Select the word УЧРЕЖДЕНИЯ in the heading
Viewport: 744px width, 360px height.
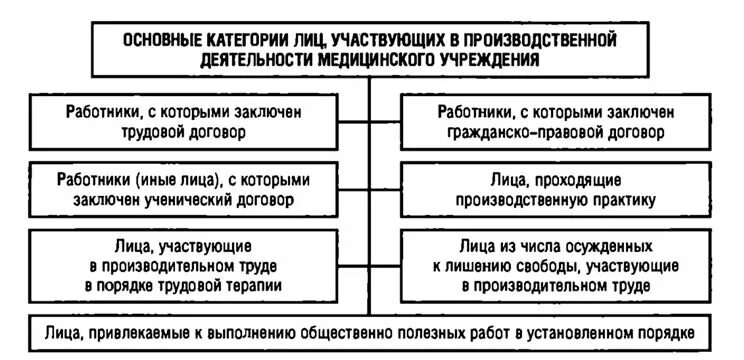click(484, 59)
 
